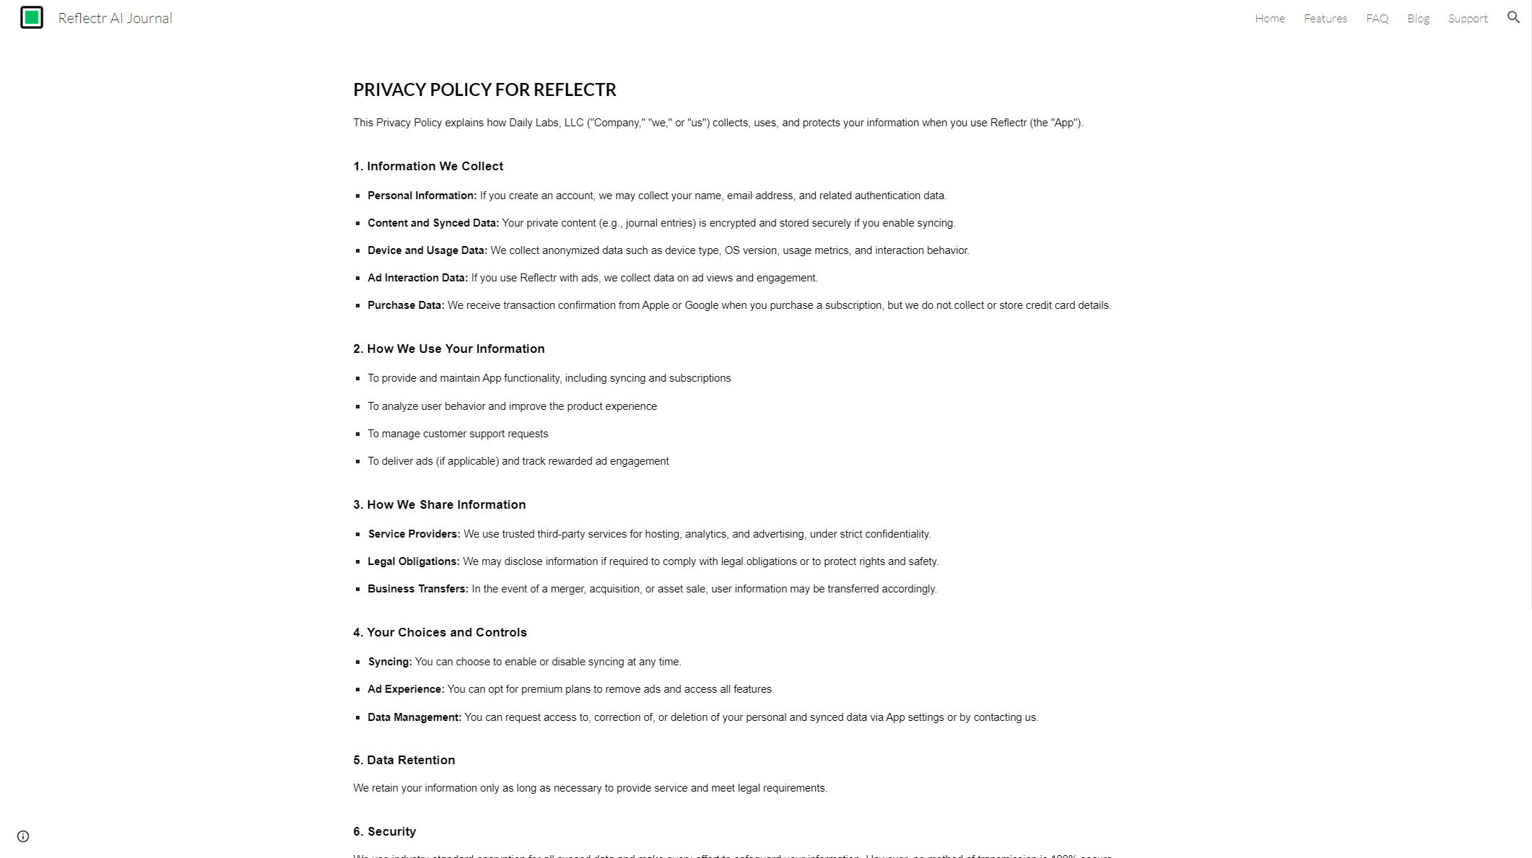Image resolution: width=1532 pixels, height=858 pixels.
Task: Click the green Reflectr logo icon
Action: (32, 17)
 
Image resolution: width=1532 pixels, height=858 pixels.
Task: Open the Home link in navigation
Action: (1269, 19)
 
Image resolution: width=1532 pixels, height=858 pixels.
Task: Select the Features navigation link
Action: (1325, 19)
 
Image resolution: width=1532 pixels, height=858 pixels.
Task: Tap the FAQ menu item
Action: (1377, 19)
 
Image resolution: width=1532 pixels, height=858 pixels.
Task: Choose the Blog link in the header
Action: (1418, 19)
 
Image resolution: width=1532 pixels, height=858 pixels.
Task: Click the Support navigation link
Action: (1467, 19)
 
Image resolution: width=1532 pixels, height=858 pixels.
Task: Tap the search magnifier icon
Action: (1513, 17)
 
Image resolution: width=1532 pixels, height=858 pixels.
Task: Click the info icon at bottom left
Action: (23, 836)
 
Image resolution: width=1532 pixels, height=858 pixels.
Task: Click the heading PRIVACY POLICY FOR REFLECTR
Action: (484, 89)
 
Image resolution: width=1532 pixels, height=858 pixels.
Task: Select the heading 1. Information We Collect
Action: (428, 166)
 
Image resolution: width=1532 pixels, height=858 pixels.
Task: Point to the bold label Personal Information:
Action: (422, 196)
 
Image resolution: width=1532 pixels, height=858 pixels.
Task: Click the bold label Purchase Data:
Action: (406, 305)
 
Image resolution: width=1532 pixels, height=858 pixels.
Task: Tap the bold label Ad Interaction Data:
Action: (417, 278)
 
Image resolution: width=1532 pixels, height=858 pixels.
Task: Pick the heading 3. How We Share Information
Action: (439, 504)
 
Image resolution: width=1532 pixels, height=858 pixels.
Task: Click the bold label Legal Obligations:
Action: (413, 561)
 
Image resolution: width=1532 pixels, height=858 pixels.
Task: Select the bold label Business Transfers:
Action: (417, 589)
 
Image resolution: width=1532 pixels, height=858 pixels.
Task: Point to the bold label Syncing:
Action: (390, 662)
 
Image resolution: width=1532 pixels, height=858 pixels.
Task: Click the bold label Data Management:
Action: (414, 717)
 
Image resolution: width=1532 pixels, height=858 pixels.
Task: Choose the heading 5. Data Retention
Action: (404, 760)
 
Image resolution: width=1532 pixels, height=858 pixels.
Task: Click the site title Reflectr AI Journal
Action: (115, 18)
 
